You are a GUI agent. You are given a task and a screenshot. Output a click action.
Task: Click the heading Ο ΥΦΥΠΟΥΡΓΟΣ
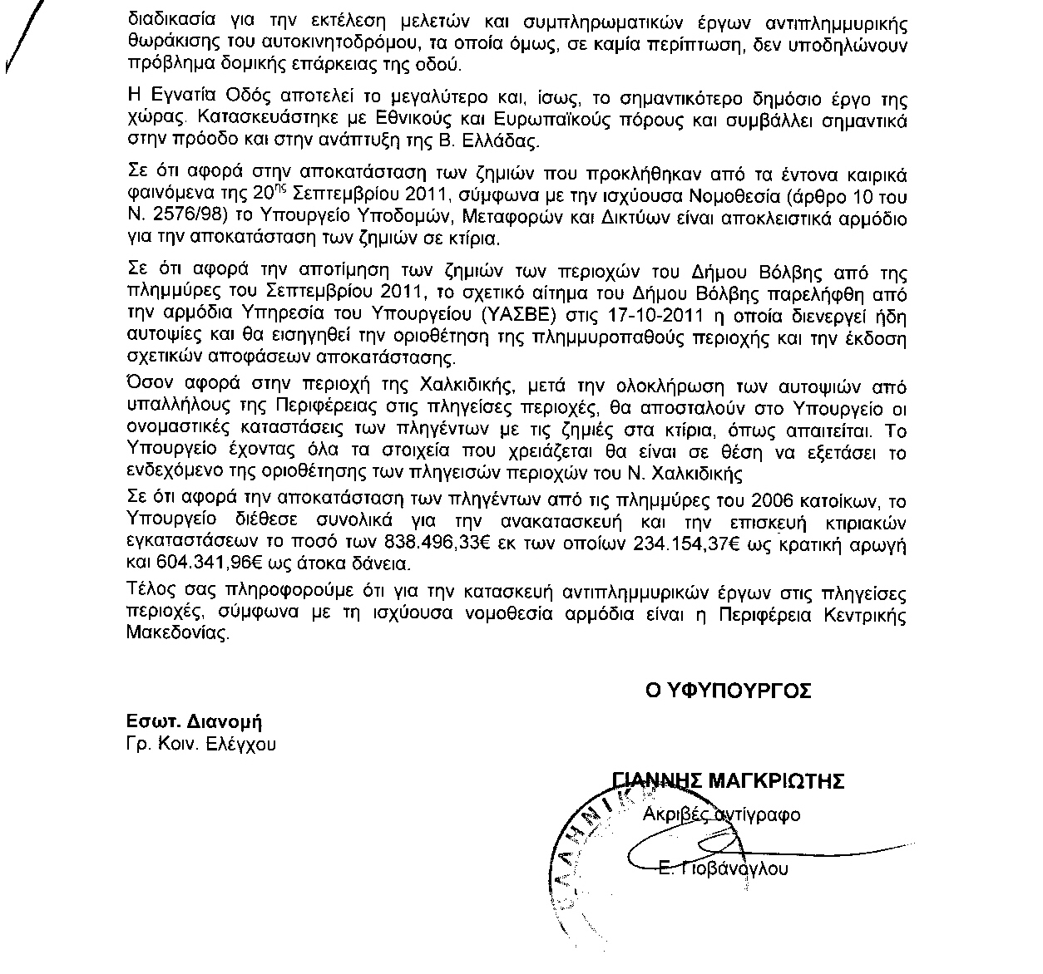click(729, 691)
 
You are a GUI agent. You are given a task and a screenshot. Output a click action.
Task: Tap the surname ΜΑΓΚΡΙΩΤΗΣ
click(776, 781)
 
